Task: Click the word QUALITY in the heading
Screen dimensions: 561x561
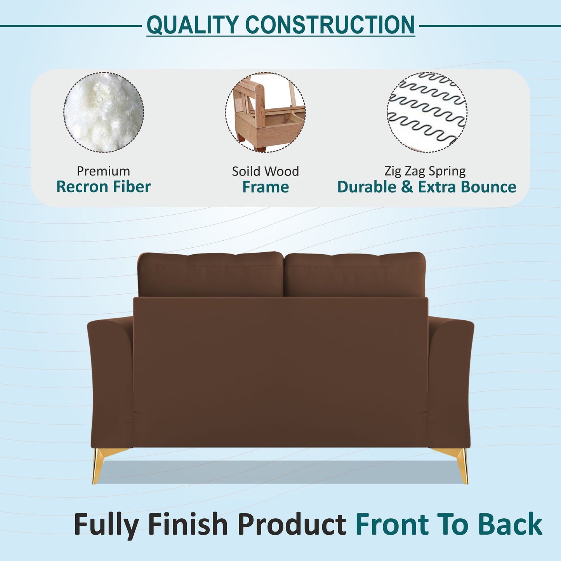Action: click(192, 25)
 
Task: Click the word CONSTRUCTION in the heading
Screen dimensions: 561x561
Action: click(330, 25)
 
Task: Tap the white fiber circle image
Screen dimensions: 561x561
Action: click(104, 112)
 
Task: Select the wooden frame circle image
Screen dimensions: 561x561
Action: click(265, 112)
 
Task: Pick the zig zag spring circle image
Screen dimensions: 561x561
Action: click(427, 112)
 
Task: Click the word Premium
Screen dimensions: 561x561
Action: click(103, 171)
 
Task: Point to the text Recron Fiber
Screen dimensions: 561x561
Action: click(103, 187)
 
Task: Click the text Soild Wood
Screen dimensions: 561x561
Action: click(265, 171)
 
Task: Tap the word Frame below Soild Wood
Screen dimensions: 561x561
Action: click(266, 187)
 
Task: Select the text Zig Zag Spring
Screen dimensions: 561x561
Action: click(425, 171)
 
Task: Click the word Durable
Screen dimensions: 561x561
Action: click(367, 187)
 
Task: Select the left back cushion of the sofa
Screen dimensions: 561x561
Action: click(210, 274)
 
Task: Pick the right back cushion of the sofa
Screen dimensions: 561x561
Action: click(355, 274)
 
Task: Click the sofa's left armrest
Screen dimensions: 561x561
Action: click(110, 380)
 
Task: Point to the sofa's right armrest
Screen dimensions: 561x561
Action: click(450, 380)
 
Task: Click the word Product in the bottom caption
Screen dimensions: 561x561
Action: click(292, 525)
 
